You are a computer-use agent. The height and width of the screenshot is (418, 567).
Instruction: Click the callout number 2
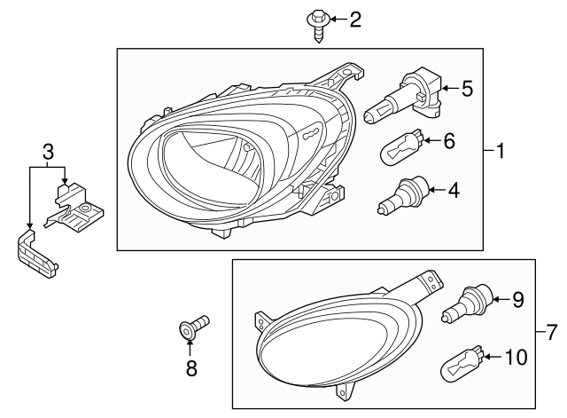pyautogui.click(x=355, y=19)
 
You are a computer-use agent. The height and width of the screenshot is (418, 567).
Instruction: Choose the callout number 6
pyautogui.click(x=449, y=139)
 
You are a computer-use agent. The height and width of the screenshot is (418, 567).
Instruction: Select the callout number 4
pyautogui.click(x=454, y=188)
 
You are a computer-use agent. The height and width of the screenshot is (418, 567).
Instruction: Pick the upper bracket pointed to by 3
pyautogui.click(x=77, y=207)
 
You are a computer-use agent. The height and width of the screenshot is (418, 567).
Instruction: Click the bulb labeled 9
pyautogui.click(x=468, y=304)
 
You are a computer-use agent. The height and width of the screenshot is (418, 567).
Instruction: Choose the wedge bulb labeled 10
pyautogui.click(x=463, y=361)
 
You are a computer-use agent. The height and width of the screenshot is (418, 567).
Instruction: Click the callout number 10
pyautogui.click(x=515, y=357)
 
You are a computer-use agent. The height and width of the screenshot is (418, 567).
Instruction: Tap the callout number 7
pyautogui.click(x=551, y=334)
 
